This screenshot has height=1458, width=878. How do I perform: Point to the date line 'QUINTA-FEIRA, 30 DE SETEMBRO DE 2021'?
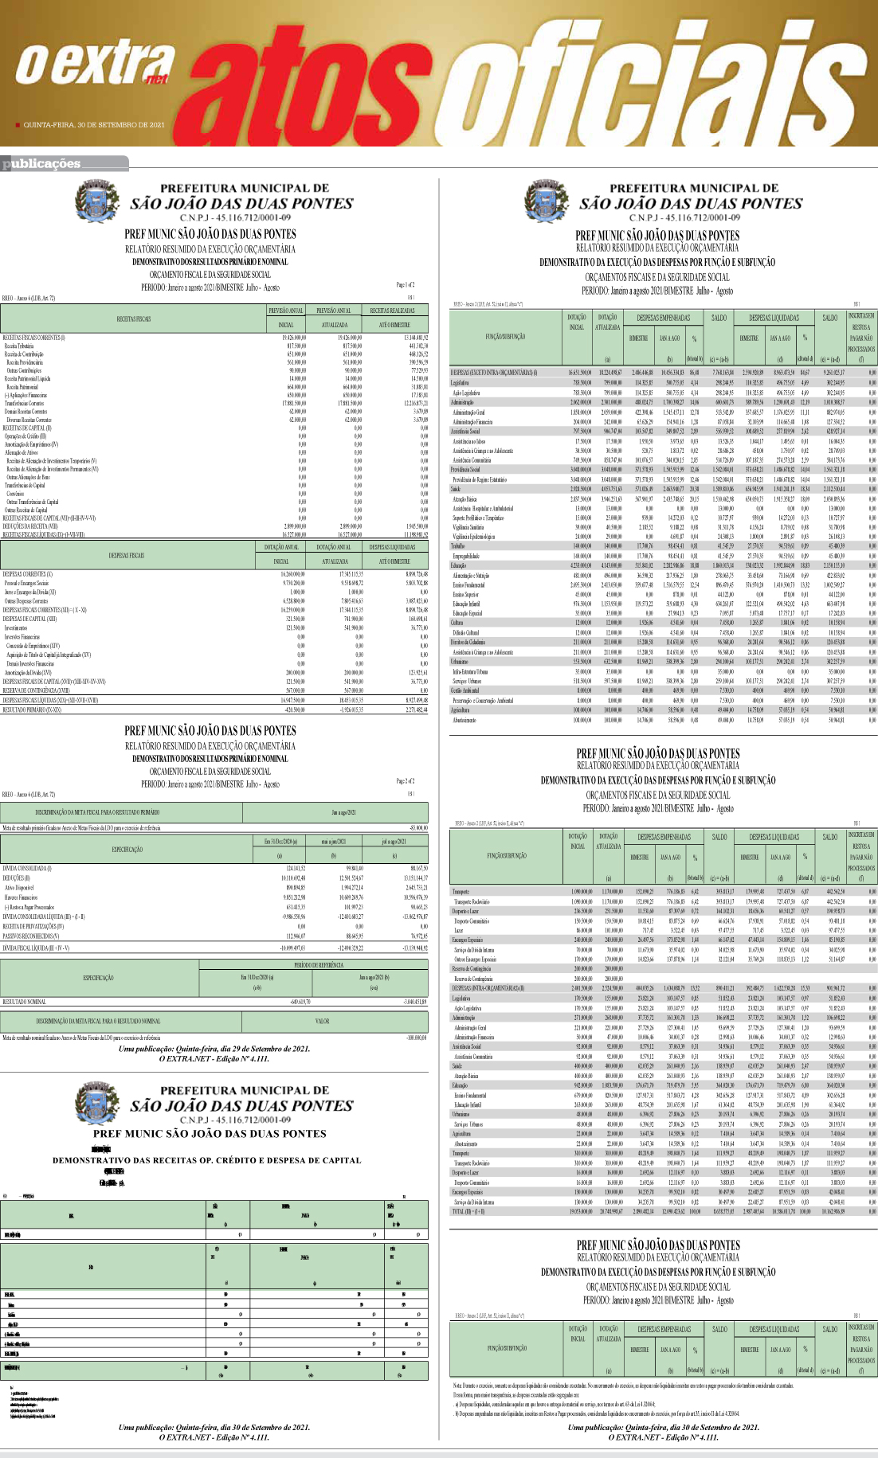tap(94, 125)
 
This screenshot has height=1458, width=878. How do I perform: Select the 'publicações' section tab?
tap(42, 164)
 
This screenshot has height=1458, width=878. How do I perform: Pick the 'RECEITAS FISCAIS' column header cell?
tap(133, 319)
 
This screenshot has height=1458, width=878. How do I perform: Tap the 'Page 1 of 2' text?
tap(406, 284)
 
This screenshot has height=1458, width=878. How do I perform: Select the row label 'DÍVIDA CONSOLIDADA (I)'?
tap(26, 868)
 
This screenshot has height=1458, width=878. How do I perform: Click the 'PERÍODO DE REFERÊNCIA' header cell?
tap(312, 964)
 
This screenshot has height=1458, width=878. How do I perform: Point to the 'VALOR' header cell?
tap(322, 1021)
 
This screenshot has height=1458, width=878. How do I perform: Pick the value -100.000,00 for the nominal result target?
tap(416, 1038)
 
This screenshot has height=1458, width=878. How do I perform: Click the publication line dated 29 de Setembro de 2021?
tap(214, 1049)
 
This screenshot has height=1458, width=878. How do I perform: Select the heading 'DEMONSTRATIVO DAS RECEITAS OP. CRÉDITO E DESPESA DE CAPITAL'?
tap(206, 1160)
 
